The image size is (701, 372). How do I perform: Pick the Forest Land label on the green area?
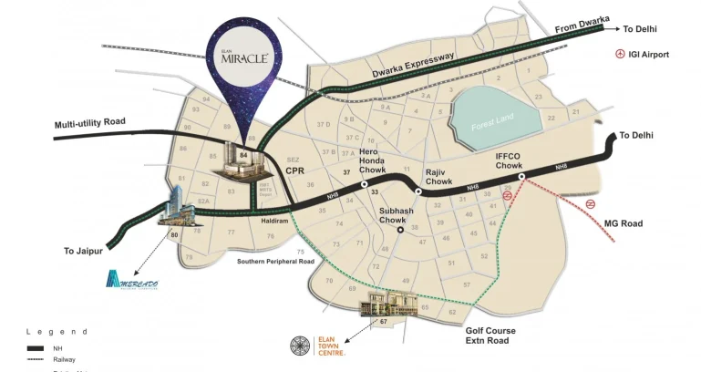494,125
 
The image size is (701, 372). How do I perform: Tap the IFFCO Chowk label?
509,160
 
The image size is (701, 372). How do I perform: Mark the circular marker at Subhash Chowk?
399,230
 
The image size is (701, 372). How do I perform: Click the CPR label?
294,170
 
